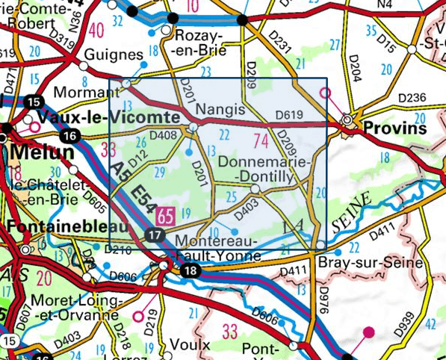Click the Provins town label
point(395,128)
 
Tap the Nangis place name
point(220,110)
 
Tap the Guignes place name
point(113,55)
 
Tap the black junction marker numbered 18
point(192,270)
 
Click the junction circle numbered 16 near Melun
point(70,136)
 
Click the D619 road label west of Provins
point(290,115)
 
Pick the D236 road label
point(411,97)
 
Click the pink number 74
point(261,140)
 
